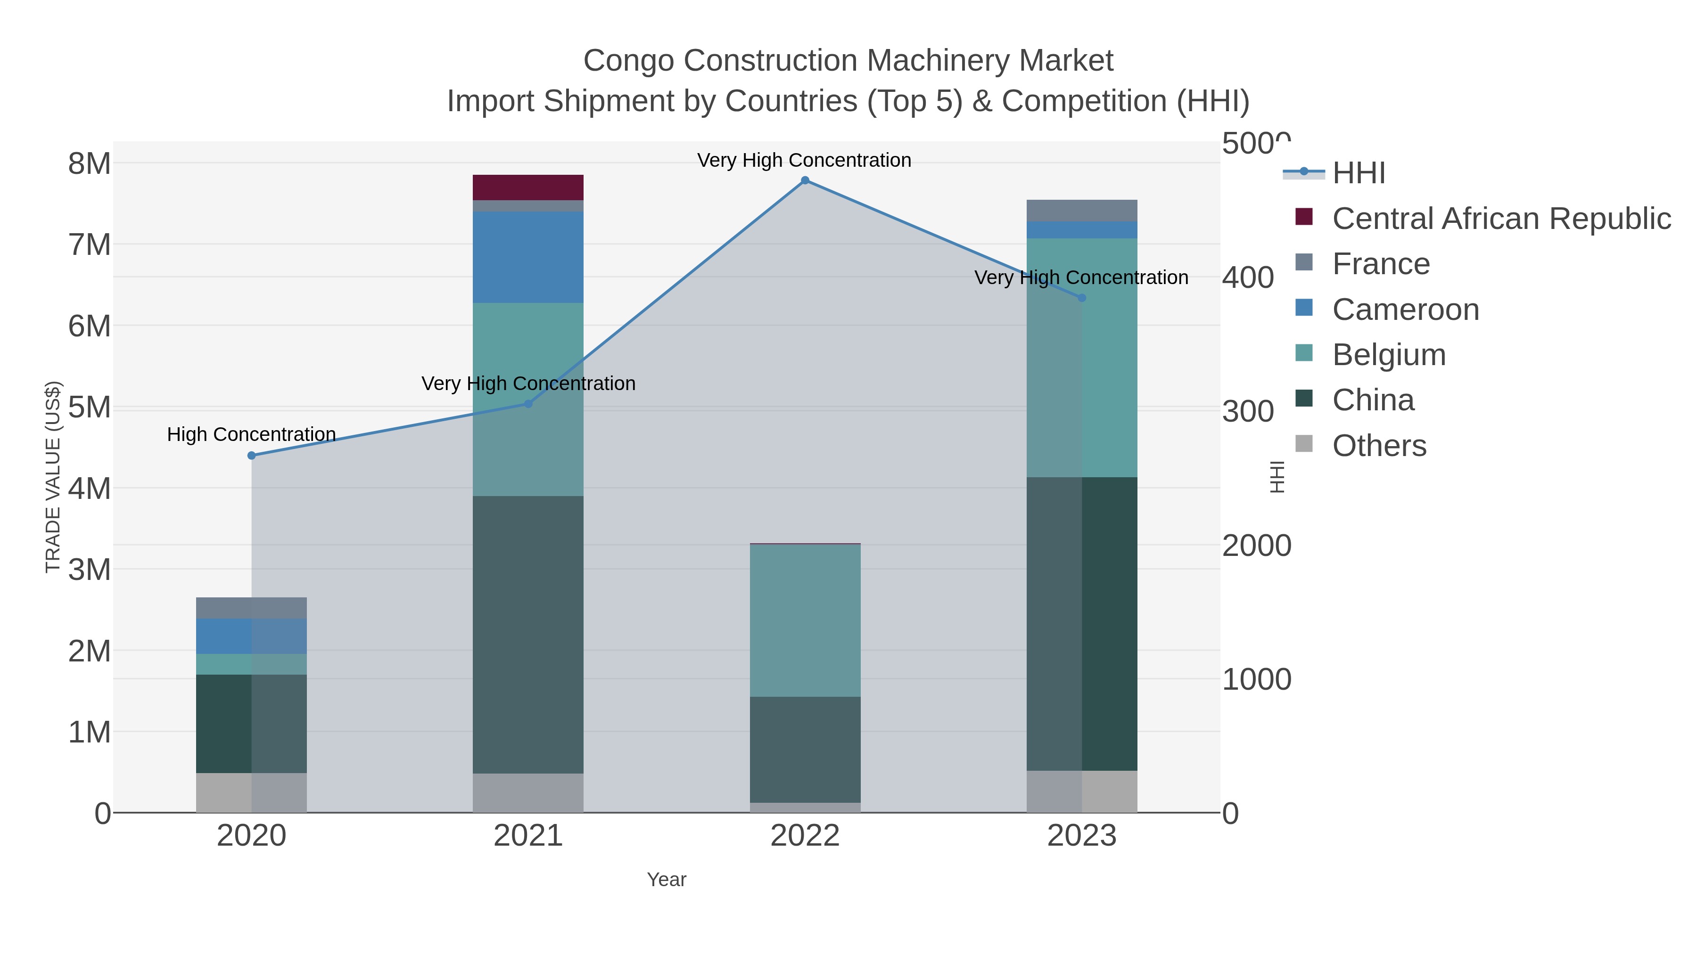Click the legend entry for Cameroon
tap(1405, 310)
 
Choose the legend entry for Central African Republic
tap(1501, 219)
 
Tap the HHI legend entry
tap(1359, 173)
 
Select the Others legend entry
tap(1378, 446)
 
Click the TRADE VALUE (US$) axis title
tap(53, 477)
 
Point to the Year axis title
tap(666, 880)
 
